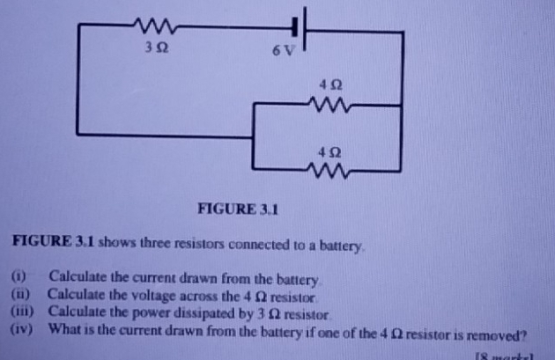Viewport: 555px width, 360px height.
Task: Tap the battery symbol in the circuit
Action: tap(300, 30)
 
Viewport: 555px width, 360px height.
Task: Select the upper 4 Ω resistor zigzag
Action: tap(331, 105)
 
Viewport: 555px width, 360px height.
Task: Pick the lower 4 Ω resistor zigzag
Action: tap(331, 167)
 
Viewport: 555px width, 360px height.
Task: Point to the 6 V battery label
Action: tap(280, 50)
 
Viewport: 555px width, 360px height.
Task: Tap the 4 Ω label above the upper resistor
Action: tap(330, 85)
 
